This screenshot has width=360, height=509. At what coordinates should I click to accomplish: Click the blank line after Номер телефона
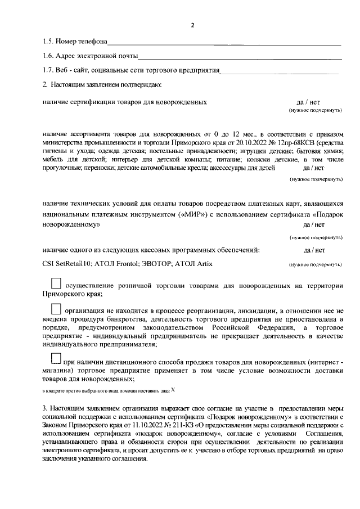tap(225, 43)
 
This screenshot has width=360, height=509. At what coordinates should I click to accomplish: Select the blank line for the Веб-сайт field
tap(280, 71)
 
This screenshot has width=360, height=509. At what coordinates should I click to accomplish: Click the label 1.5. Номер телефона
tap(75, 42)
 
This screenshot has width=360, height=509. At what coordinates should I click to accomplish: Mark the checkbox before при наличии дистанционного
tap(56, 358)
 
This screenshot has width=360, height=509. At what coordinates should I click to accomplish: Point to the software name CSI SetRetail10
tap(68, 263)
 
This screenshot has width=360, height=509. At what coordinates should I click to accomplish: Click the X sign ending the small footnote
tap(173, 389)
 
